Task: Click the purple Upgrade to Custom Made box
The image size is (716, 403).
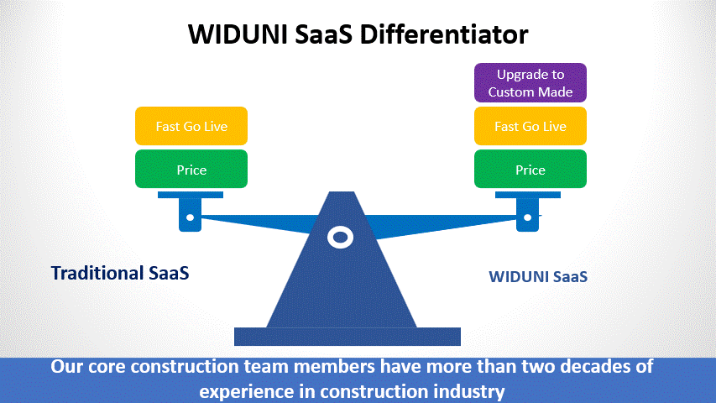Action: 530,83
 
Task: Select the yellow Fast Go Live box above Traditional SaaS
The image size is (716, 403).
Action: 191,126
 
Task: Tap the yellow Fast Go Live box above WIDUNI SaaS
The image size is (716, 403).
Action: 530,126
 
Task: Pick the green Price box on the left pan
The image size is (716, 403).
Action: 191,170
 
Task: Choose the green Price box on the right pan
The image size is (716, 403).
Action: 530,170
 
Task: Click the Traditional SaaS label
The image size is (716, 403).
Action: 120,273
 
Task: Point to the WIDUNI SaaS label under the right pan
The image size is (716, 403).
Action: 537,276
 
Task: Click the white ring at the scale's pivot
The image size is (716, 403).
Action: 340,238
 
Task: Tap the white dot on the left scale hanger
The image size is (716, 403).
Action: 190,217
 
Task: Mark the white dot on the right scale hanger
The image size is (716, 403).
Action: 528,217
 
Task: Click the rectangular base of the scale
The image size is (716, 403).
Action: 347,337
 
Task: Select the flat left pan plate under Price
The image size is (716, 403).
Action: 191,195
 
